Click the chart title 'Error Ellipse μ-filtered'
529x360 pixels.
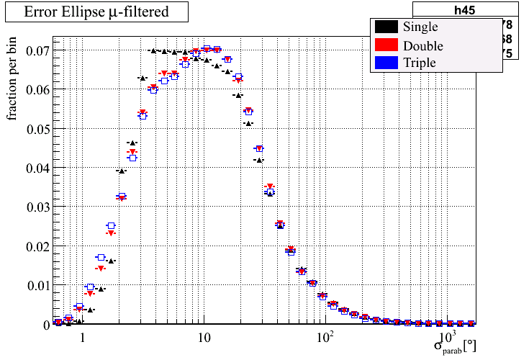click(x=96, y=12)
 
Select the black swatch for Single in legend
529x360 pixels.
click(x=386, y=27)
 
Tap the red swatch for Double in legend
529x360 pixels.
click(x=386, y=45)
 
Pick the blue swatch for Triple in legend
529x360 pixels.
click(x=386, y=63)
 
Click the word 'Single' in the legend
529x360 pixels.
click(x=420, y=27)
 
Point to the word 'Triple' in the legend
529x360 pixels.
click(x=420, y=63)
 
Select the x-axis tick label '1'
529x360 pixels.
click(x=82, y=338)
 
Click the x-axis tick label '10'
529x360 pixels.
click(x=204, y=338)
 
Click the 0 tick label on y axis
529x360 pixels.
click(x=45, y=324)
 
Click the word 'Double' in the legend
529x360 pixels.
click(x=423, y=45)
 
